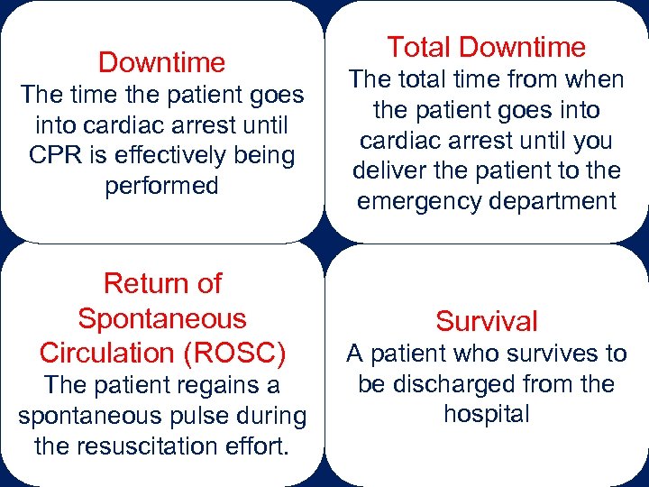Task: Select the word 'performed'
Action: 161,186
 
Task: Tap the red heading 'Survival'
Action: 486,321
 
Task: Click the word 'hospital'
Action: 486,414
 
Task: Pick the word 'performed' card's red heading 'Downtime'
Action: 161,62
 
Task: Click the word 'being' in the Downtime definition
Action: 263,155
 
